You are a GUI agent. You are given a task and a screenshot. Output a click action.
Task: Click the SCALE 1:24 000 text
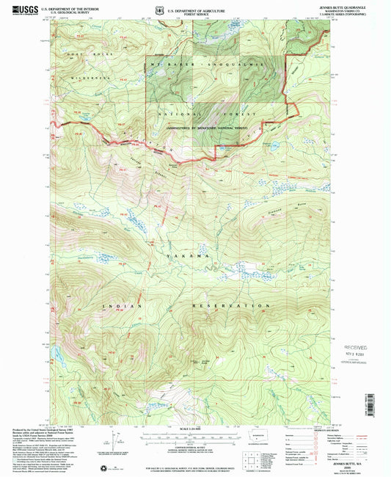(x=194, y=429)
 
